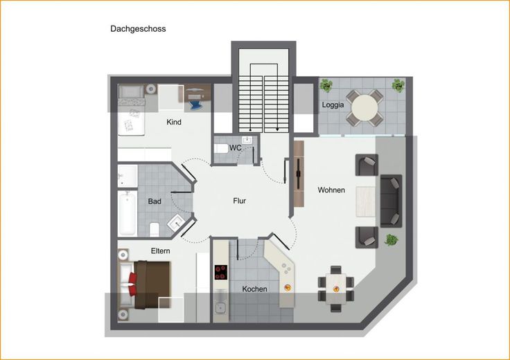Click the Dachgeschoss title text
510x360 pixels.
pos(138,29)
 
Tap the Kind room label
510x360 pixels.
pos(174,122)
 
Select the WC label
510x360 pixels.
pos(235,148)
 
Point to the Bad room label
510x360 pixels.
pos(155,201)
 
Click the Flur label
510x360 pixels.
pos(239,201)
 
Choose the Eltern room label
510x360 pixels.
pos(160,251)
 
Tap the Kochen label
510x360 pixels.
pos(255,289)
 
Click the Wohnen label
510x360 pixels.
pos(331,190)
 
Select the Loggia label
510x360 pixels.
pos(333,105)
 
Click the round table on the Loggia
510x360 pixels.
pos(364,108)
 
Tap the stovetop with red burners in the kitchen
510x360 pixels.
pos(221,272)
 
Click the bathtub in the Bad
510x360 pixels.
pos(127,213)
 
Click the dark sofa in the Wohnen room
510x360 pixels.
pos(391,201)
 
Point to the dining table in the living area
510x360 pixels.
pos(336,289)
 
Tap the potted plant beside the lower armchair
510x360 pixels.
pos(392,240)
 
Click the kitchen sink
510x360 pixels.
pos(221,307)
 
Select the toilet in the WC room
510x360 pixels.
pos(221,149)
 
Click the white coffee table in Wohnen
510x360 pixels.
pos(366,201)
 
